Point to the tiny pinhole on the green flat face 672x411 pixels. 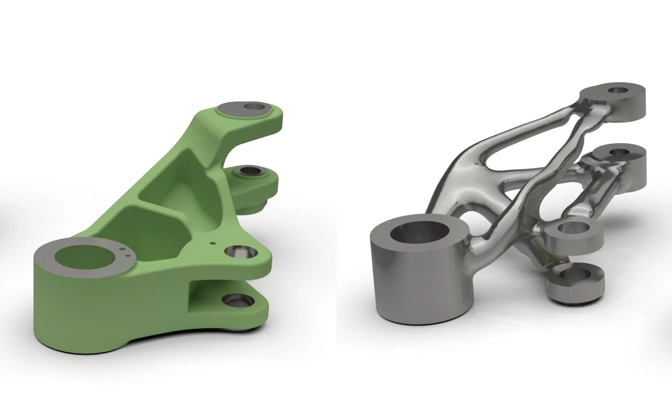[x=212, y=243]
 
